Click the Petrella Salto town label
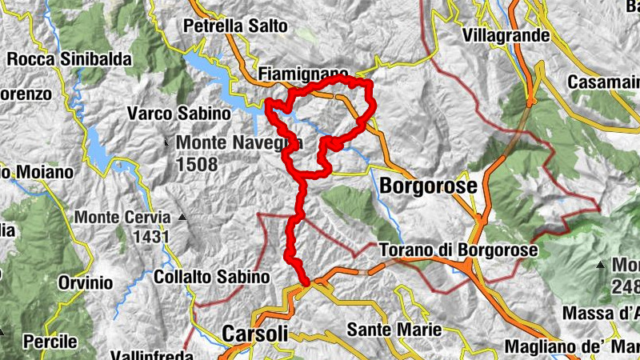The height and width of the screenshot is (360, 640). (x=235, y=26)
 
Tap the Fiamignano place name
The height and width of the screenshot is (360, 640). (x=302, y=74)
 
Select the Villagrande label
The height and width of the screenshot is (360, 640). (x=518, y=36)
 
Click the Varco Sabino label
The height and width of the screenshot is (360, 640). (x=179, y=114)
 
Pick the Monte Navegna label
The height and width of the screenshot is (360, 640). (x=240, y=143)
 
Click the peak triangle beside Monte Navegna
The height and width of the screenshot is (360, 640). (x=166, y=143)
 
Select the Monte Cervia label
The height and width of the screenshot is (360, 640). (x=122, y=217)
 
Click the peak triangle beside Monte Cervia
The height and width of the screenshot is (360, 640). (x=182, y=217)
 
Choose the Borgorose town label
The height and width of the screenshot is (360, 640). (x=429, y=186)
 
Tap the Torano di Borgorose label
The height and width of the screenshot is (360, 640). (x=458, y=250)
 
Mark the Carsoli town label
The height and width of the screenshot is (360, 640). (x=253, y=333)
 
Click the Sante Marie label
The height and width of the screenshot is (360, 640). (x=394, y=329)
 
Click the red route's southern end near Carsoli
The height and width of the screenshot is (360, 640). (x=306, y=282)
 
